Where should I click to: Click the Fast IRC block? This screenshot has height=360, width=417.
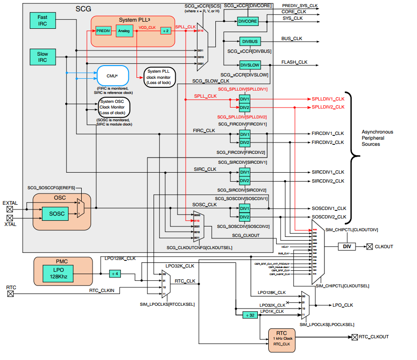[x=42, y=20]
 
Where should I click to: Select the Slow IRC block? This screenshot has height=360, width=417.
[x=42, y=57]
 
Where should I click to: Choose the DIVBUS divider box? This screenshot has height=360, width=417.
[x=250, y=42]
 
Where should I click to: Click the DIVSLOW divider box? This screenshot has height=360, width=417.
[x=250, y=65]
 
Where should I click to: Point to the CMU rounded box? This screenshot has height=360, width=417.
[x=112, y=75]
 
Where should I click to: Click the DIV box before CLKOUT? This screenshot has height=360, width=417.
[x=347, y=246]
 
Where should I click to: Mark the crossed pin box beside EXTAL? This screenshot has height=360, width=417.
[x=10, y=208]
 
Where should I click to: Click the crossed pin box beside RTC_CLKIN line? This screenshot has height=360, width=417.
[x=10, y=293]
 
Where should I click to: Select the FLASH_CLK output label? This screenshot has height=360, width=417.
[x=294, y=62]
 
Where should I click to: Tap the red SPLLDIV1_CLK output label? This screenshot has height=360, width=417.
[x=328, y=100]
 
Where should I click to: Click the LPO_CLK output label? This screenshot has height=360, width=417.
[x=343, y=305]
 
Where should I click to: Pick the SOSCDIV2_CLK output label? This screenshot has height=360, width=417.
[x=329, y=217]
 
